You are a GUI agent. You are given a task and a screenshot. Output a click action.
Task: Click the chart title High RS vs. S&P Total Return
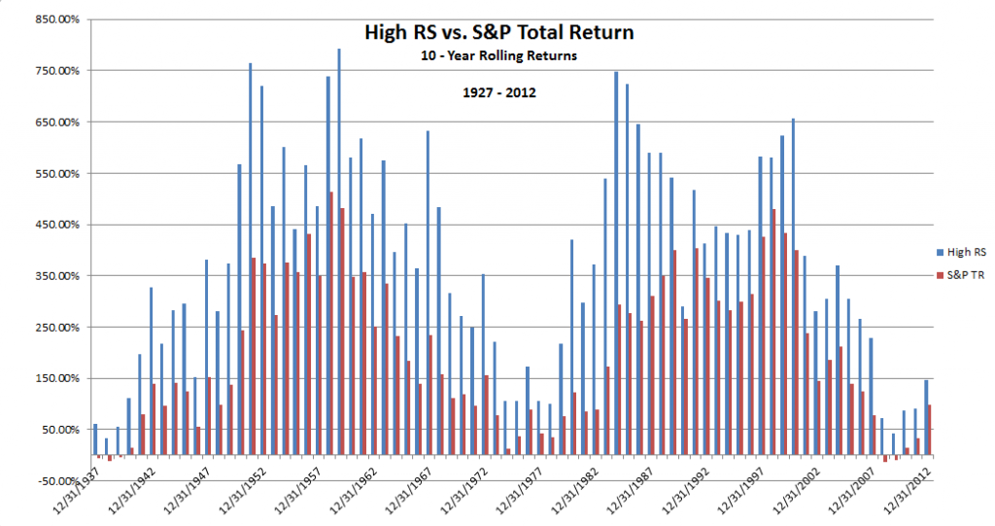pos(498,32)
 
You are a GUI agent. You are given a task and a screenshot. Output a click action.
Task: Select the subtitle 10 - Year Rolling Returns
pos(497,55)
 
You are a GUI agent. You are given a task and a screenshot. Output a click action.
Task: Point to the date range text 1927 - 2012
pos(497,93)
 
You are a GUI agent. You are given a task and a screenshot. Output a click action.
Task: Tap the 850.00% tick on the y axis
pos(57,19)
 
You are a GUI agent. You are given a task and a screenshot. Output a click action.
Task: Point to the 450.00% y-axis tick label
pos(57,225)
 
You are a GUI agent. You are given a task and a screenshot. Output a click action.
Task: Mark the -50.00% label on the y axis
pos(57,480)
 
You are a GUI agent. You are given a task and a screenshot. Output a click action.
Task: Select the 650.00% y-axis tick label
pos(57,123)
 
